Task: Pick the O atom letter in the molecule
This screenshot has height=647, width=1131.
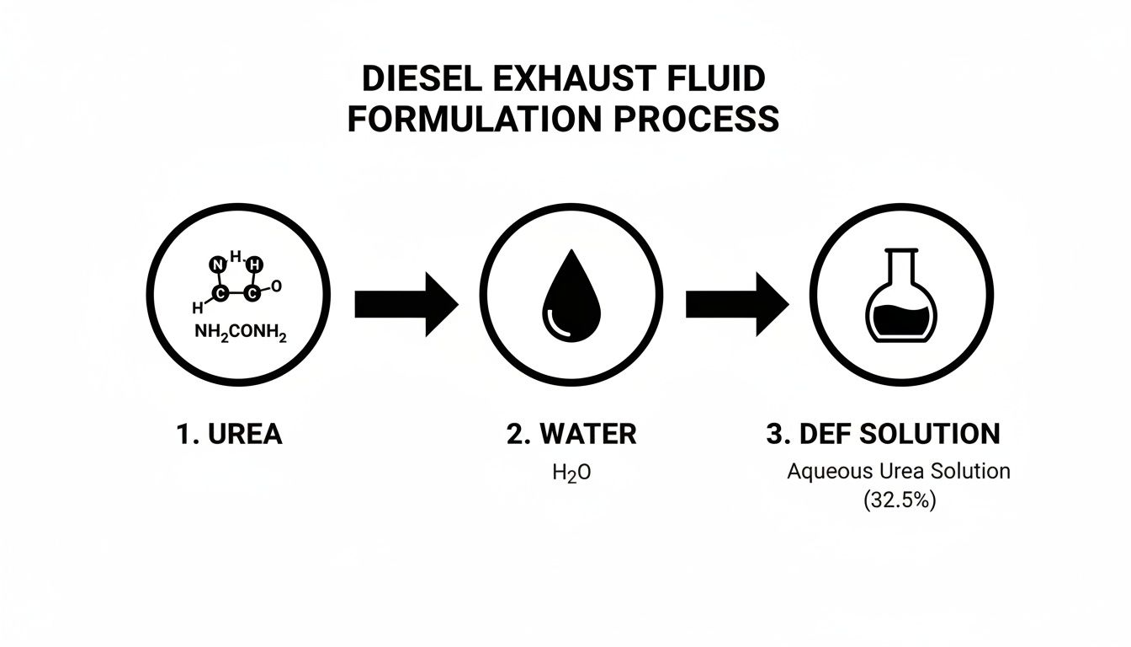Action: pos(277,286)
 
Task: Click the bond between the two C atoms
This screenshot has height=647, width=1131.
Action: pos(236,294)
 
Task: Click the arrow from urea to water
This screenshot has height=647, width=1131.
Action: pos(405,302)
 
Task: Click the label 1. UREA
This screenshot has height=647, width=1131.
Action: pos(230,435)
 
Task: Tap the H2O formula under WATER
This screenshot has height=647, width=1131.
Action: pos(571,473)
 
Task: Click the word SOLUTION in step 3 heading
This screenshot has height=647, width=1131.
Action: pos(935,435)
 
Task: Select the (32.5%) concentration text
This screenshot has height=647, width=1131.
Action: pos(899,500)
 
